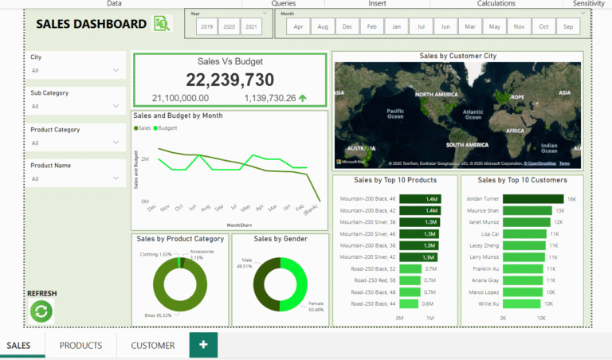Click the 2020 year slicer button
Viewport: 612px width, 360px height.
229,27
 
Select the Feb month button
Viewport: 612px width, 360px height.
371,27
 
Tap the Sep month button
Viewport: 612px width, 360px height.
568,27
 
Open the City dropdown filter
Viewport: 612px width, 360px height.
76,70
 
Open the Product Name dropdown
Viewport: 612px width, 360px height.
76,179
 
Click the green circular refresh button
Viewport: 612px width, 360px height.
41,311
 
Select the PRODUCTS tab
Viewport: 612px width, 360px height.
80,346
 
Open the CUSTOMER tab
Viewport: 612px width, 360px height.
153,346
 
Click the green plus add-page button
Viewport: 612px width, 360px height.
203,345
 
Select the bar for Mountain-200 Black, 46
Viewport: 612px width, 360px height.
421,199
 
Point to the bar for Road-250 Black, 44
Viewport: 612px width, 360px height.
410,304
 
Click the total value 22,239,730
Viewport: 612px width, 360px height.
229,80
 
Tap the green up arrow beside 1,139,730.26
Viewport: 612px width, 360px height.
303,98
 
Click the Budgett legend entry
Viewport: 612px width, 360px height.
166,127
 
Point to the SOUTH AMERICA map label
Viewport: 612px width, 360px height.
466,145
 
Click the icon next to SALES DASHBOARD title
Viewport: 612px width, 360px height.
162,24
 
